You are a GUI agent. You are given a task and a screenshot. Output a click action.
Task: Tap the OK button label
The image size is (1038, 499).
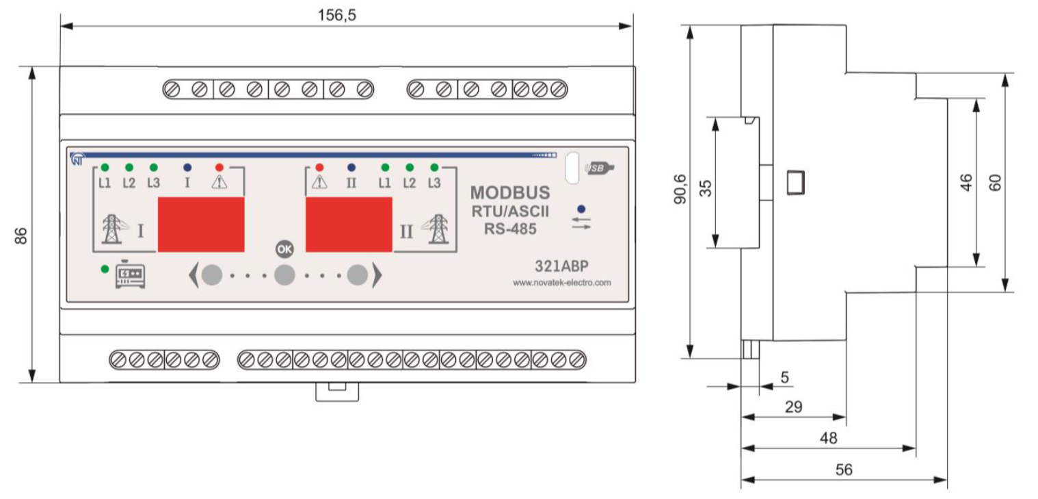[x=284, y=249]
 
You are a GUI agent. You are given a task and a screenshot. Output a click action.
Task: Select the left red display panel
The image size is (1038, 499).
[x=201, y=225]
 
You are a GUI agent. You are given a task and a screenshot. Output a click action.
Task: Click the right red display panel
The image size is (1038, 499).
[x=349, y=225]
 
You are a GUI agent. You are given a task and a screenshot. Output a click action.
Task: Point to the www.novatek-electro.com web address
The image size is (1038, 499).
[x=561, y=282]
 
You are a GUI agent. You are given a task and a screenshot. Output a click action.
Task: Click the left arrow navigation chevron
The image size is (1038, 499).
[x=193, y=275]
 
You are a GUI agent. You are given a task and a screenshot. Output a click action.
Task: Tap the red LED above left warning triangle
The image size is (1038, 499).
[x=219, y=167]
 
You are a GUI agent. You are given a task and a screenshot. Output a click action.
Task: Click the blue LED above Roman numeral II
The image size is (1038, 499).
[x=351, y=167]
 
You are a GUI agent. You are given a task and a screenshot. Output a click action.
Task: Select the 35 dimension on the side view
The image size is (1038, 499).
[x=706, y=188]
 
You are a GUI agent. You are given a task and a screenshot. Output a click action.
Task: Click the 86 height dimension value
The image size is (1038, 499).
[x=21, y=236]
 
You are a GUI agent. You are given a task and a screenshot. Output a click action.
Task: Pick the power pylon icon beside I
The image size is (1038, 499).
[x=111, y=229]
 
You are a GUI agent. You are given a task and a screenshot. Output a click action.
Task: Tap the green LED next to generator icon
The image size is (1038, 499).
[x=105, y=269]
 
